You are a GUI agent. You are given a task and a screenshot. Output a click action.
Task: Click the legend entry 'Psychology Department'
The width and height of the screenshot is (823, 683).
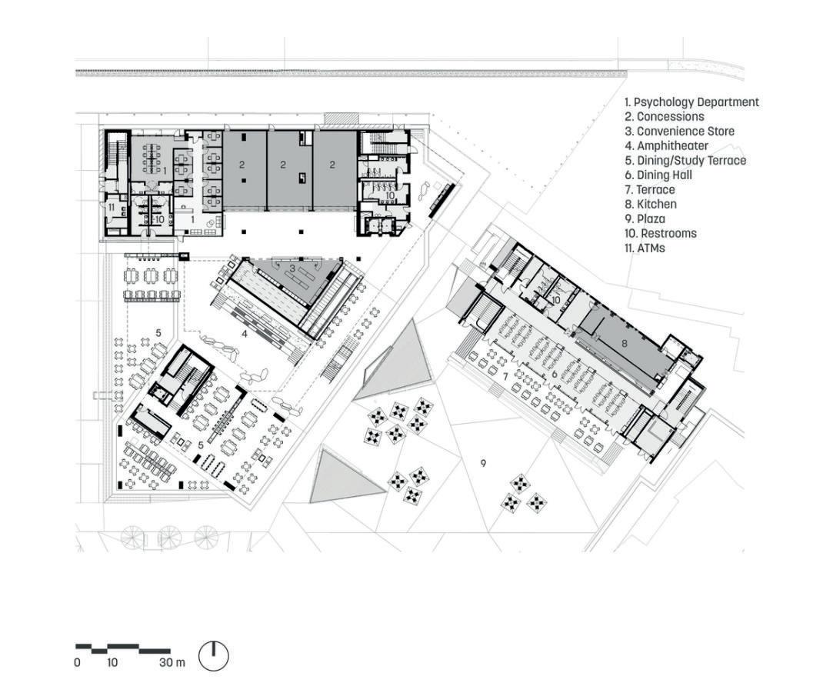tap(691, 102)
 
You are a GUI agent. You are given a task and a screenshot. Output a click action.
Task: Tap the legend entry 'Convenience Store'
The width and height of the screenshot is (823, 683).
tap(679, 132)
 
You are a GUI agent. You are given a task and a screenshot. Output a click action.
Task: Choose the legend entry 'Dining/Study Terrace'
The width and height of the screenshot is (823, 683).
tap(685, 161)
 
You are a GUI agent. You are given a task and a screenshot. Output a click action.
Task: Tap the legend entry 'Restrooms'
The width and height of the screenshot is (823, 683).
tap(660, 234)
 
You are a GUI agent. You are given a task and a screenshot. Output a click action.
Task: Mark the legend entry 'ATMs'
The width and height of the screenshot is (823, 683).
tap(645, 248)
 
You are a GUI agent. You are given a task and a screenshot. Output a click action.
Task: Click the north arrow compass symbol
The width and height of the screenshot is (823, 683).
tap(214, 655)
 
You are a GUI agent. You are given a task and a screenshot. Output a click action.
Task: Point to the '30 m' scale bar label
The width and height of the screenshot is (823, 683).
tap(172, 662)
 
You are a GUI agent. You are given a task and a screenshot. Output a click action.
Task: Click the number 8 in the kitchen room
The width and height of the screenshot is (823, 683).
tap(625, 344)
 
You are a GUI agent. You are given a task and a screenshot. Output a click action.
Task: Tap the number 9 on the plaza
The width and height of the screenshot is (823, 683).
tap(483, 463)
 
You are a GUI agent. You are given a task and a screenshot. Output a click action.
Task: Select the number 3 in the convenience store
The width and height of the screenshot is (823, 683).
tap(292, 268)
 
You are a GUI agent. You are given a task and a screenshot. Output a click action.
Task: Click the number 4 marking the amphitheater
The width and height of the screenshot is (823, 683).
tap(245, 334)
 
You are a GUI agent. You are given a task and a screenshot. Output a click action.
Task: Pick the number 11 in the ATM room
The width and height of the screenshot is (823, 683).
tap(112, 205)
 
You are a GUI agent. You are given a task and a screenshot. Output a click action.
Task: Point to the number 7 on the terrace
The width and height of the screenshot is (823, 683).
tap(505, 377)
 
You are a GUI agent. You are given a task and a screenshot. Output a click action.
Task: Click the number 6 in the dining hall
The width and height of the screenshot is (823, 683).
tap(554, 375)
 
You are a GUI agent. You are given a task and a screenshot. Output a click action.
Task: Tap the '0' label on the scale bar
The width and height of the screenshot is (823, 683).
tap(77, 662)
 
